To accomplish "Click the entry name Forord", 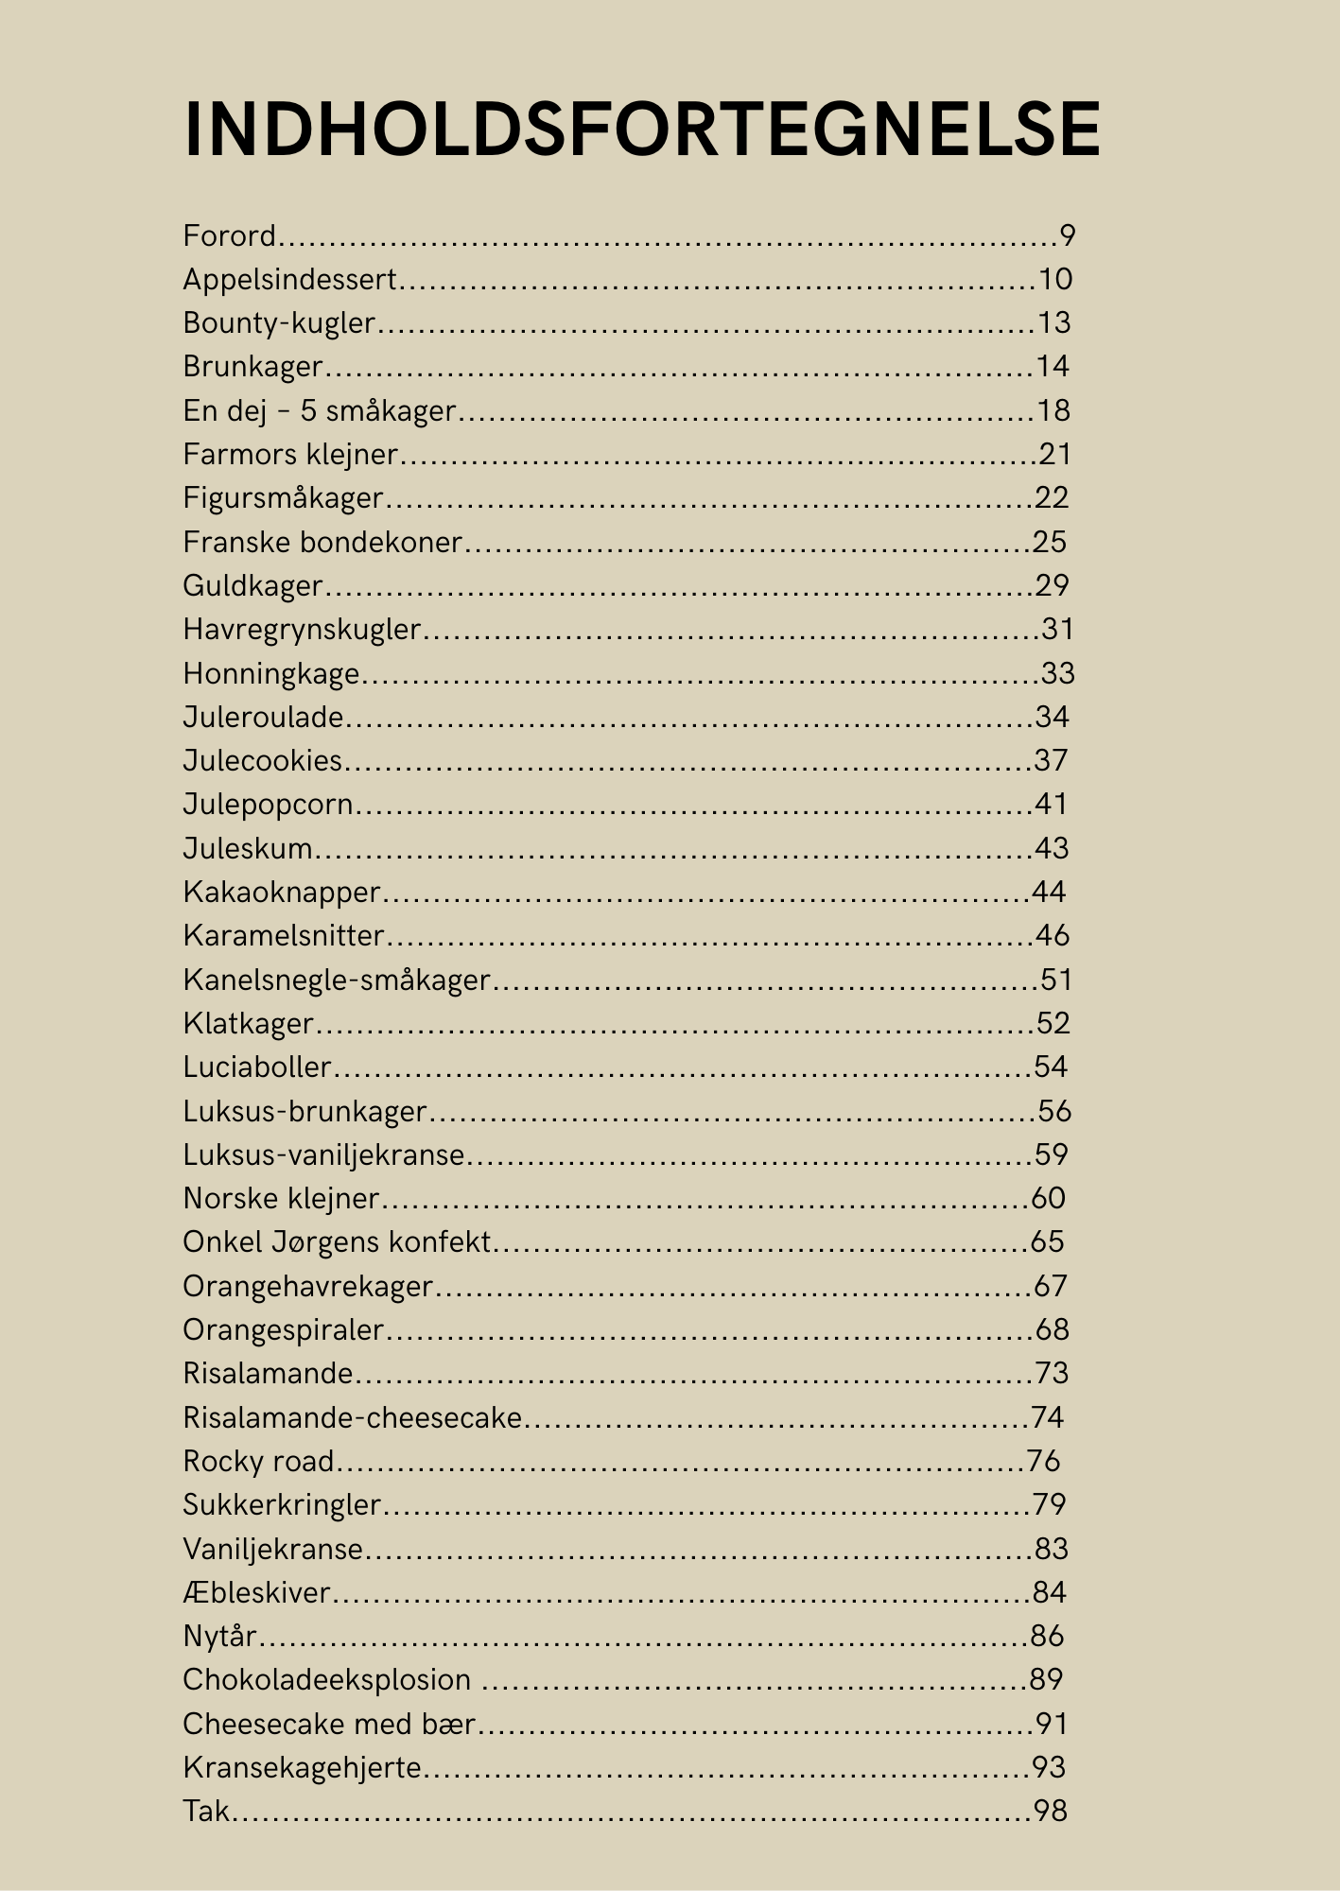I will pyautogui.click(x=230, y=235).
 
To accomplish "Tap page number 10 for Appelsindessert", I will pyautogui.click(x=1055, y=279).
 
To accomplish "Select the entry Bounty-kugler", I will pyautogui.click(x=279, y=323).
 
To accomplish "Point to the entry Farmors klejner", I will pyautogui.click(x=290, y=455).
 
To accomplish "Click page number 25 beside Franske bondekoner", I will pyautogui.click(x=1050, y=542).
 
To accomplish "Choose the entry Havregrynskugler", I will pyautogui.click(x=302, y=630).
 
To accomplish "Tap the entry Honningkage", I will pyautogui.click(x=271, y=673).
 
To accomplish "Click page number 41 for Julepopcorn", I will pyautogui.click(x=1051, y=805).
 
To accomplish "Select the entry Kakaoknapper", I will pyautogui.click(x=282, y=892).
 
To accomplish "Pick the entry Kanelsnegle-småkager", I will pyautogui.click(x=337, y=980).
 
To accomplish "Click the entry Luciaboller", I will pyautogui.click(x=257, y=1067).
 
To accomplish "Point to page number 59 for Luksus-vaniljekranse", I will pyautogui.click(x=1051, y=1154).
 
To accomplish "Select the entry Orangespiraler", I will pyautogui.click(x=283, y=1329).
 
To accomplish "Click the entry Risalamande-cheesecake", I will pyautogui.click(x=352, y=1417).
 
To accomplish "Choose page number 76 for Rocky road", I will pyautogui.click(x=1043, y=1461).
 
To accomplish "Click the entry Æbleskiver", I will pyautogui.click(x=256, y=1592).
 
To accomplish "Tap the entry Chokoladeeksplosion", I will pyautogui.click(x=326, y=1679).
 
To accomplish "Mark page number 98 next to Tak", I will pyautogui.click(x=1051, y=1811).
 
